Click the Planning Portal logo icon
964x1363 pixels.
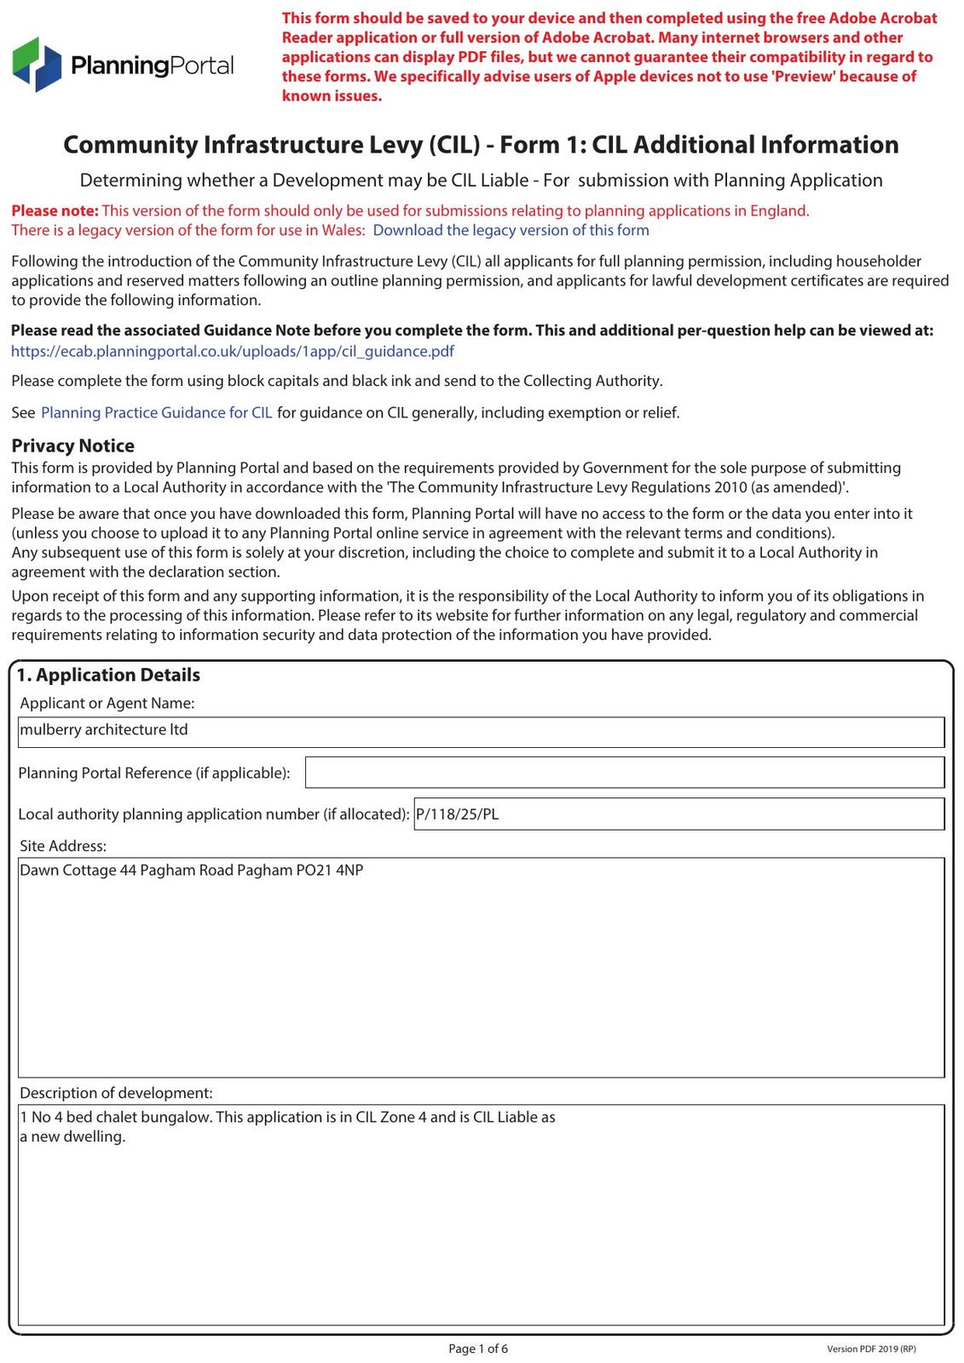coord(38,64)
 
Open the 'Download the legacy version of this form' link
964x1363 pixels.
coord(511,230)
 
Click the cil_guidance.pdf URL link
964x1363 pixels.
coord(232,351)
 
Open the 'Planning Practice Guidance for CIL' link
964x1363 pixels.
coord(157,412)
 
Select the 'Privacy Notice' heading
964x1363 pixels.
coord(72,446)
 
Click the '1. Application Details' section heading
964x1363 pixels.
coord(108,675)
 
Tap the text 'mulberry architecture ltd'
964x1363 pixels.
coord(104,730)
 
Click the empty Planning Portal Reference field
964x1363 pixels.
coord(624,773)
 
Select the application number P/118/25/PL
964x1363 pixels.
coord(458,814)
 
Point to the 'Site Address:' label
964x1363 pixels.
coord(63,846)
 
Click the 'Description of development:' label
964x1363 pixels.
coord(116,1093)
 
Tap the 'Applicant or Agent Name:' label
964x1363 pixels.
coord(107,703)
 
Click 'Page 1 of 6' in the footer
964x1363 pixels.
coord(478,1349)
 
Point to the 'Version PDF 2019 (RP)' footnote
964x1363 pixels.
coord(871,1349)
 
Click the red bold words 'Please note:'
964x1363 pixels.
coord(55,210)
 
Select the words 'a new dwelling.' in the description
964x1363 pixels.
coord(72,1137)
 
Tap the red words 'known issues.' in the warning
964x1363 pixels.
coord(332,96)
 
